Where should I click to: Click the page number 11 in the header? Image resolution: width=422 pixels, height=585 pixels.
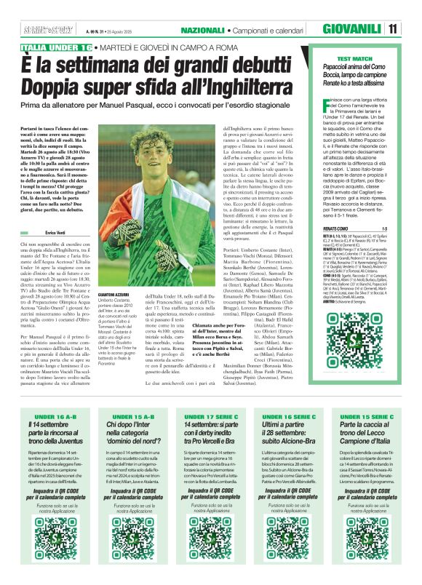393,30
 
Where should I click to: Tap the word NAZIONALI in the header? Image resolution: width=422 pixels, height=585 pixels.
203,30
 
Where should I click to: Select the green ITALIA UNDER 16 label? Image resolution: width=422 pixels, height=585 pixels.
57,47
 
